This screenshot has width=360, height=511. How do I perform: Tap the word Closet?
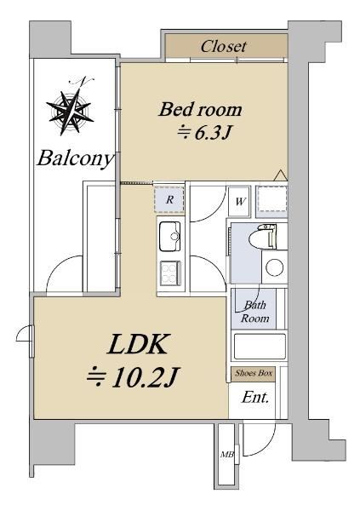click(x=224, y=47)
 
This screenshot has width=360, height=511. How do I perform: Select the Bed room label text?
click(x=200, y=110)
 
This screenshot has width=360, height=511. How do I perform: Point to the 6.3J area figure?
click(x=204, y=132)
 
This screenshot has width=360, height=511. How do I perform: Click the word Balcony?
click(x=76, y=159)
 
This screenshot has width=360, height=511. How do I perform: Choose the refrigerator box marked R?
click(x=169, y=200)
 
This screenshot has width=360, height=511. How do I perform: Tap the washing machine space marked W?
click(x=240, y=201)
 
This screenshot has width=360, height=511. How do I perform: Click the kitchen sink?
click(x=169, y=236)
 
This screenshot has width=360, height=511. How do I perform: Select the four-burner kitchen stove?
click(x=169, y=273)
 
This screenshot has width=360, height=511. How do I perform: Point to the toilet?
click(x=263, y=238)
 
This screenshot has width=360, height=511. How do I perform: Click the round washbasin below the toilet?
click(x=274, y=267)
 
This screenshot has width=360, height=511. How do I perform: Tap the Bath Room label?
click(x=254, y=312)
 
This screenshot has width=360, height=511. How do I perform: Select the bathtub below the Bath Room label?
click(x=260, y=346)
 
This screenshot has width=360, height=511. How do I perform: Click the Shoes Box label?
click(x=254, y=374)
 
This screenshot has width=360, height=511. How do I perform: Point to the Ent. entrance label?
click(x=255, y=398)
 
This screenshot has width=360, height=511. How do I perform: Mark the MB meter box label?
click(x=226, y=454)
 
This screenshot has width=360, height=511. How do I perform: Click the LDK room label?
click(x=138, y=344)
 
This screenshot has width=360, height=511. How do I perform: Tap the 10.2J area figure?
click(x=133, y=377)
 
